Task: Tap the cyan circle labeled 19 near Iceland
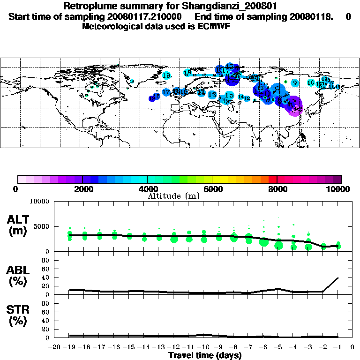click(166, 75)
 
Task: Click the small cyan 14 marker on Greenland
click(132, 81)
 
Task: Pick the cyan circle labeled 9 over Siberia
click(294, 83)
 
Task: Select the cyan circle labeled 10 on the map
click(310, 82)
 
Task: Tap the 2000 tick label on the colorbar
click(82, 189)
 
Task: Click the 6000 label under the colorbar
click(212, 189)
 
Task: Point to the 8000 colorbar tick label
click(277, 189)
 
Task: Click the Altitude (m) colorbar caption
click(173, 196)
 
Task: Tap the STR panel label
click(19, 315)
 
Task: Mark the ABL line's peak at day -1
click(338, 277)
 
